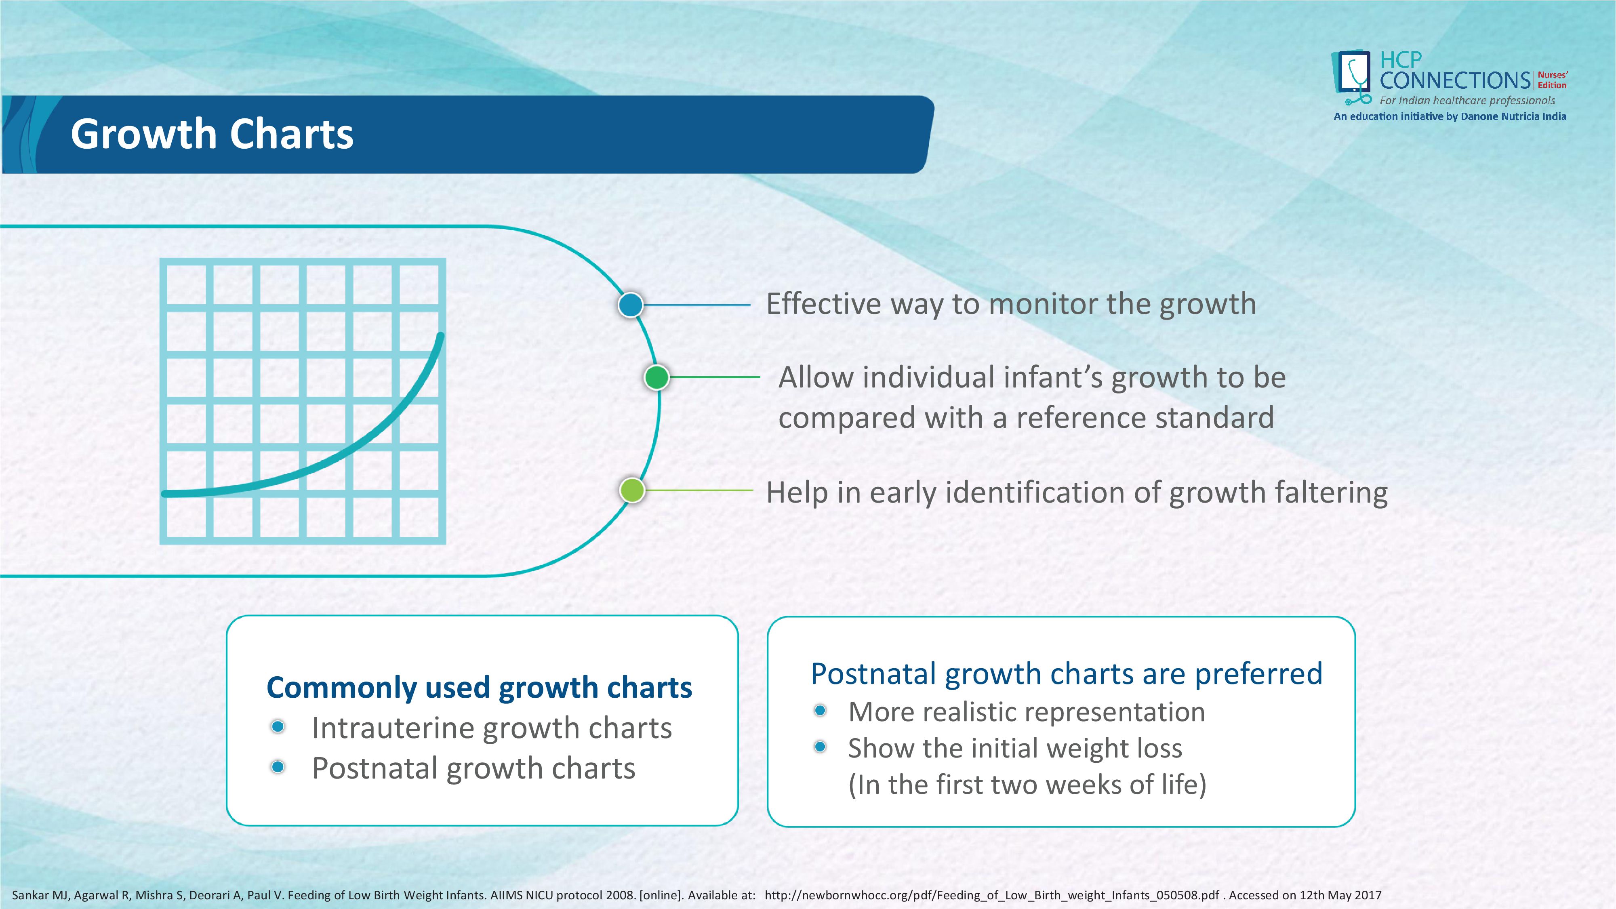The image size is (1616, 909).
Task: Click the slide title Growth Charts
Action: click(x=212, y=134)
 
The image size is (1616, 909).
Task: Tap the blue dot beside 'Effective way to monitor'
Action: click(x=631, y=305)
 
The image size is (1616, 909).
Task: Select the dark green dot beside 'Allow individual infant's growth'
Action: click(x=657, y=378)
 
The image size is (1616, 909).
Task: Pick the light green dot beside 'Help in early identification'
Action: click(x=632, y=490)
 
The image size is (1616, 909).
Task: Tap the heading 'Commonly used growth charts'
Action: click(x=479, y=688)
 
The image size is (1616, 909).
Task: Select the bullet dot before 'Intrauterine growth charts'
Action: click(x=278, y=726)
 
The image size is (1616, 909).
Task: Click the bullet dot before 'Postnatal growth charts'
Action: click(x=278, y=767)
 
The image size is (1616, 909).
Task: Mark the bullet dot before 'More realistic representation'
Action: click(x=820, y=711)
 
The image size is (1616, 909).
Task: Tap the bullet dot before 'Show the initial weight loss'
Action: click(x=820, y=747)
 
